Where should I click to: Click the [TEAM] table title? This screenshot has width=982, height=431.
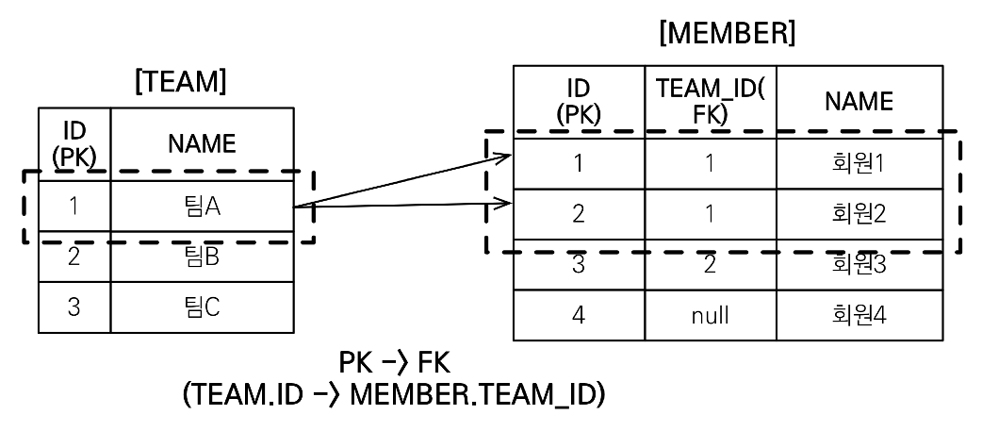[181, 83]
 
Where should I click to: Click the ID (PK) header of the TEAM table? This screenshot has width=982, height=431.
[74, 143]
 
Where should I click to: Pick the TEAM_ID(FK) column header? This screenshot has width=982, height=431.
[710, 102]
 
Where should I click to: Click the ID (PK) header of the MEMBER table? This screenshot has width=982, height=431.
[579, 102]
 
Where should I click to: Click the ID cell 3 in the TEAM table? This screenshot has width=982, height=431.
[74, 307]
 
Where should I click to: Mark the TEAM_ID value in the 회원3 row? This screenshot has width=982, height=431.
[710, 265]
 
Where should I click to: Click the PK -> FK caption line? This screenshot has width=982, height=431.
[395, 364]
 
